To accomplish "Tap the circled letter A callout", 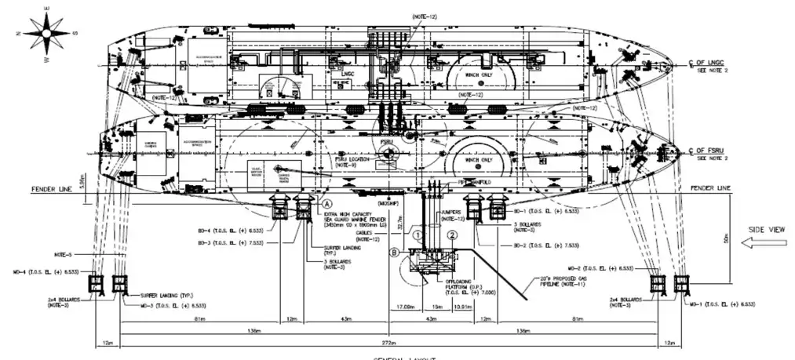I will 324,202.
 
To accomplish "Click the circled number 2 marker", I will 452,235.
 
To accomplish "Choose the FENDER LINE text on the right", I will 710,189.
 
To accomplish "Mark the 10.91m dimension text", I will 463,306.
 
